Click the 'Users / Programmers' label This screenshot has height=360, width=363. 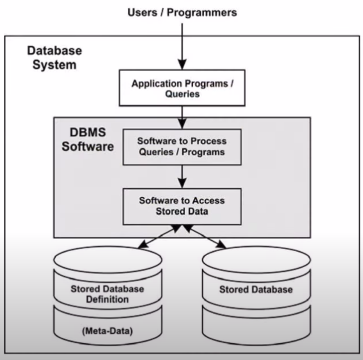coord(182,12)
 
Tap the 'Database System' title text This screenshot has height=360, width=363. coord(54,57)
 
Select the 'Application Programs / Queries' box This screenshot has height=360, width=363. coord(182,88)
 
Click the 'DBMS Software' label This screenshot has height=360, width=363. coord(88,139)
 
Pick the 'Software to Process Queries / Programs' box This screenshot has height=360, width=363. coord(182,147)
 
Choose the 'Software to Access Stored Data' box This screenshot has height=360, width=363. coord(182,206)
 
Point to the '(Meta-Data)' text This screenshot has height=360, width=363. coord(107,331)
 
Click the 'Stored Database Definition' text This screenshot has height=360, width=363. coord(107,294)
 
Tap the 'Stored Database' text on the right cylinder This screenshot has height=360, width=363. coord(256,289)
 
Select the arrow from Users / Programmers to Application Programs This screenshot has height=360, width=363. coord(182,46)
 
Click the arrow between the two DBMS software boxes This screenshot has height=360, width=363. coord(182,177)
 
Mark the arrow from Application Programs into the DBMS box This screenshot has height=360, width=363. coord(182,118)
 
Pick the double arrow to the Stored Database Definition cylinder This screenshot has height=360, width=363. coord(159,236)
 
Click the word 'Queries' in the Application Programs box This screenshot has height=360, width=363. coord(182,94)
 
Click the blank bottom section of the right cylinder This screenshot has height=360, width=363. coord(256,328)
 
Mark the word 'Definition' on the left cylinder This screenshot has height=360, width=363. coord(107,299)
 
